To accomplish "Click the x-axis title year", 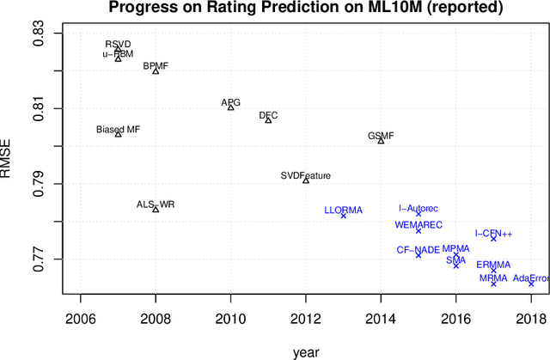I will pos(305,351).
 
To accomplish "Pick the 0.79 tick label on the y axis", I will pos(40,184).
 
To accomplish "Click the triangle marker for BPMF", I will pos(156,70).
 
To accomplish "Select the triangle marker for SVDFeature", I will pos(306,180).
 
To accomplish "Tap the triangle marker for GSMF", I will pos(381,140).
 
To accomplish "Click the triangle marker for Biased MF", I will pos(118,134).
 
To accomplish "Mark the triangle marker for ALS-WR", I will pos(156,209).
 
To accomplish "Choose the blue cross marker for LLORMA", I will pos(344,216).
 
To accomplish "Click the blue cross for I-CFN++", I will pos(493,238).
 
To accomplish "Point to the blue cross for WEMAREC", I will pos(419,230).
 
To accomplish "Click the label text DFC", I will pos(268,115).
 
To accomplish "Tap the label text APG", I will pos(230,103).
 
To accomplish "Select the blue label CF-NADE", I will pos(418,249).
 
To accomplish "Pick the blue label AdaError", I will pos(530,278).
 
